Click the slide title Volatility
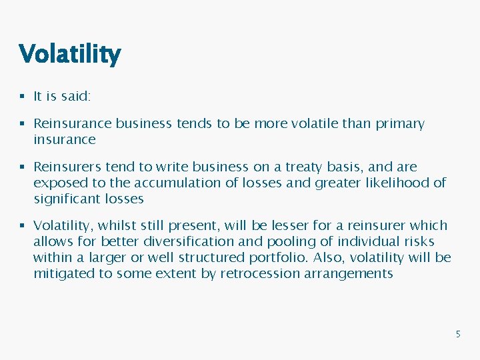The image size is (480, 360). click(x=70, y=54)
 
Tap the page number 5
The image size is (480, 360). click(x=457, y=334)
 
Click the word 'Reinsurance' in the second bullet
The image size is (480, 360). click(x=73, y=124)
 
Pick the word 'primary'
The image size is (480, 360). click(x=398, y=125)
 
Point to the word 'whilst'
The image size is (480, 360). click(x=116, y=226)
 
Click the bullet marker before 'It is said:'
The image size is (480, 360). click(x=23, y=97)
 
